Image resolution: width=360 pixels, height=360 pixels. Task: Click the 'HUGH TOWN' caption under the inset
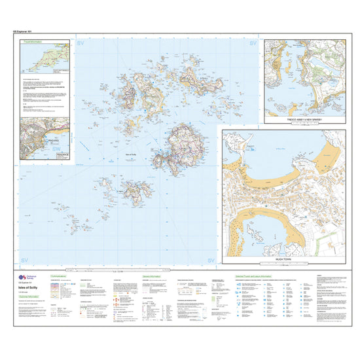(284, 260)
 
